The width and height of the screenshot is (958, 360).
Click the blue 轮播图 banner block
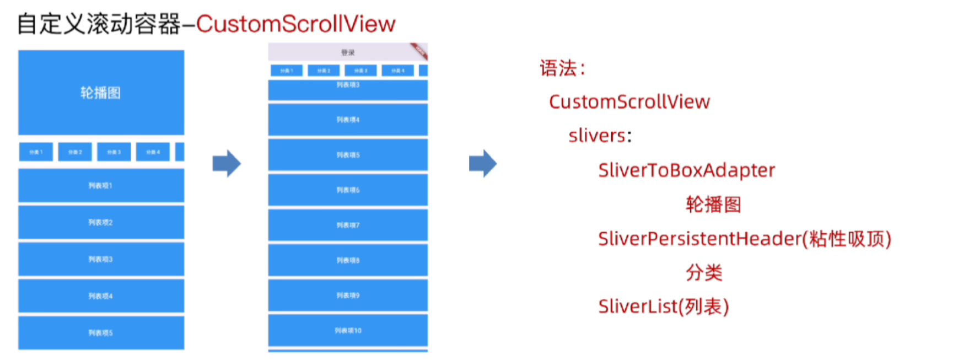click(101, 93)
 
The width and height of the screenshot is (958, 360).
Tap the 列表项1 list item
click(101, 186)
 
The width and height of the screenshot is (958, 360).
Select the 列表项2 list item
click(101, 223)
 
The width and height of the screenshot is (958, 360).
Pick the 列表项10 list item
click(348, 330)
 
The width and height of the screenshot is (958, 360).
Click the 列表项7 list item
click(348, 225)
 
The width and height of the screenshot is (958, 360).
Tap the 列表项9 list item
click(348, 295)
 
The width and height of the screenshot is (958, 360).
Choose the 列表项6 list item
click(348, 190)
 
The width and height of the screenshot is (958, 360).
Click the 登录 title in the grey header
click(348, 52)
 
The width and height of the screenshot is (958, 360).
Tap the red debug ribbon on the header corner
click(419, 51)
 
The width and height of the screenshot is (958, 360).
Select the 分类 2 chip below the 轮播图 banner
click(75, 152)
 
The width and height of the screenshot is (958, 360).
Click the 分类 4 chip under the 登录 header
click(397, 71)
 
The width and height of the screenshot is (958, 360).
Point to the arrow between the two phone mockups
click(227, 163)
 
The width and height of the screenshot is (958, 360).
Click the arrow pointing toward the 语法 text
click(483, 163)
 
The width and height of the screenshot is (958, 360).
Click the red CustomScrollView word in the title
click(296, 24)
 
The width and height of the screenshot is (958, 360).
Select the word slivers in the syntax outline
click(598, 136)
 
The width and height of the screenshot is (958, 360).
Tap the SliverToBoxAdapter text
click(686, 170)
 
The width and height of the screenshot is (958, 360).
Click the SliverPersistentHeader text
click(699, 239)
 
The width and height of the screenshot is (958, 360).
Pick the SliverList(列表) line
click(663, 307)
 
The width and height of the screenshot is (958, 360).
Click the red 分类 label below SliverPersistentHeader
click(704, 272)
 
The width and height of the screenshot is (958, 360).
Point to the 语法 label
click(558, 68)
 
